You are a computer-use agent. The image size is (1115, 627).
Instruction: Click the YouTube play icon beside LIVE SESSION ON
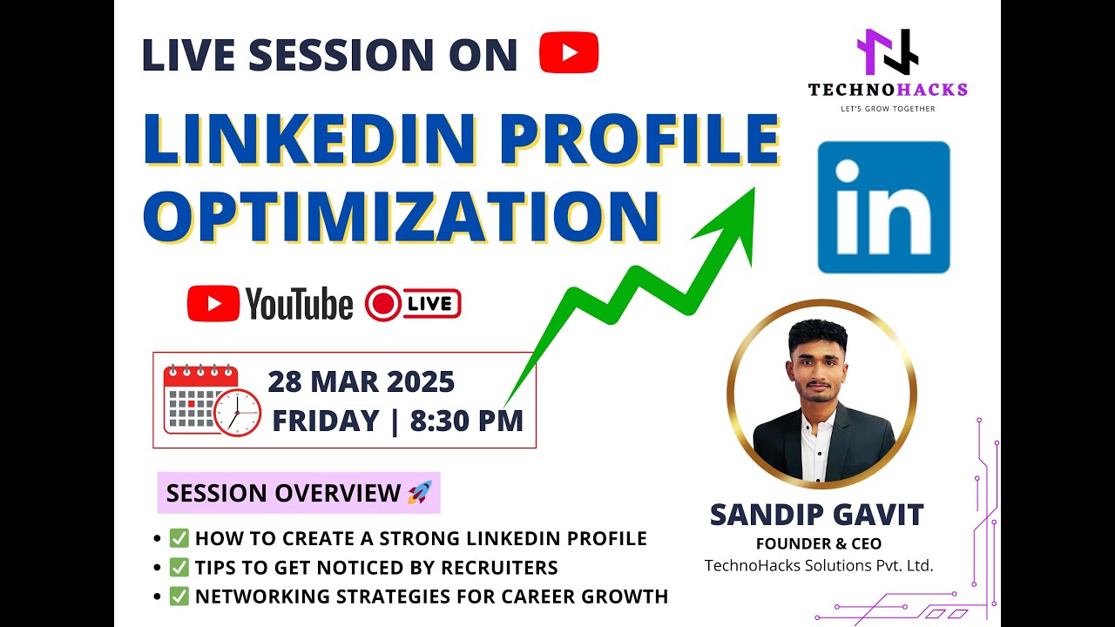click(x=569, y=52)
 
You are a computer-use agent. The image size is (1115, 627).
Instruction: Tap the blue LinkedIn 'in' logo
click(x=883, y=207)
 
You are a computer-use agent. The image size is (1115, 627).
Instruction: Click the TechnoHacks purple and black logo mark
click(x=887, y=52)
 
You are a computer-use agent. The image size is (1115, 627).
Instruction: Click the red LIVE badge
click(x=414, y=304)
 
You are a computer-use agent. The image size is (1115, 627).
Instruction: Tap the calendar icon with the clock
click(x=212, y=400)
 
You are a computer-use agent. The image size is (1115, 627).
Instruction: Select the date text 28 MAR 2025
click(x=361, y=382)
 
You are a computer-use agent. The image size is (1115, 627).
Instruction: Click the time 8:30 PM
click(x=467, y=421)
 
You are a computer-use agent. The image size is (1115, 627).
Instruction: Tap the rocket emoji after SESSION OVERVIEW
click(x=419, y=494)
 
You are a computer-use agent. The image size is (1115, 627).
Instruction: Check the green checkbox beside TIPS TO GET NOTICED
click(x=179, y=568)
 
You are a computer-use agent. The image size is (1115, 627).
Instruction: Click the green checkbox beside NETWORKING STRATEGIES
click(x=179, y=597)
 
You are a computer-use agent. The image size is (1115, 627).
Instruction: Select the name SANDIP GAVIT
click(x=816, y=515)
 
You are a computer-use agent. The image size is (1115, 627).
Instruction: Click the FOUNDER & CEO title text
click(x=818, y=544)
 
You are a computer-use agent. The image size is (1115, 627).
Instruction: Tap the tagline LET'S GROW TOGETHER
click(x=887, y=109)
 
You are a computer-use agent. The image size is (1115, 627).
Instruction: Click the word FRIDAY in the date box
click(x=326, y=421)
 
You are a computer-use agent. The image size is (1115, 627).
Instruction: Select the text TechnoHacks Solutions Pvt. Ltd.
click(x=819, y=566)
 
